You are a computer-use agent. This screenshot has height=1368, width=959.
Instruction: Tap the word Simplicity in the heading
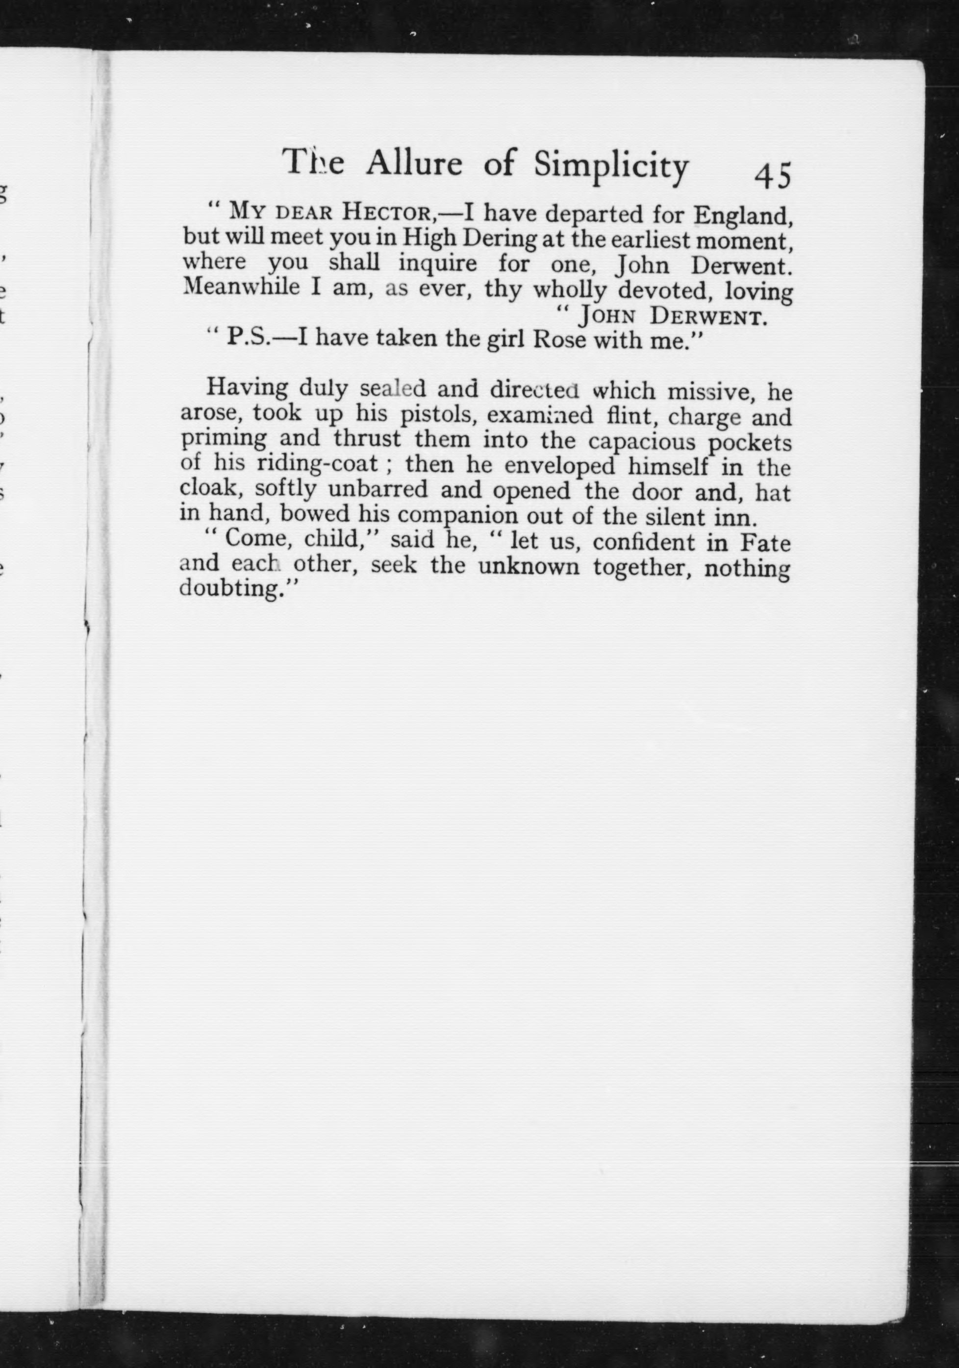point(611,166)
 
